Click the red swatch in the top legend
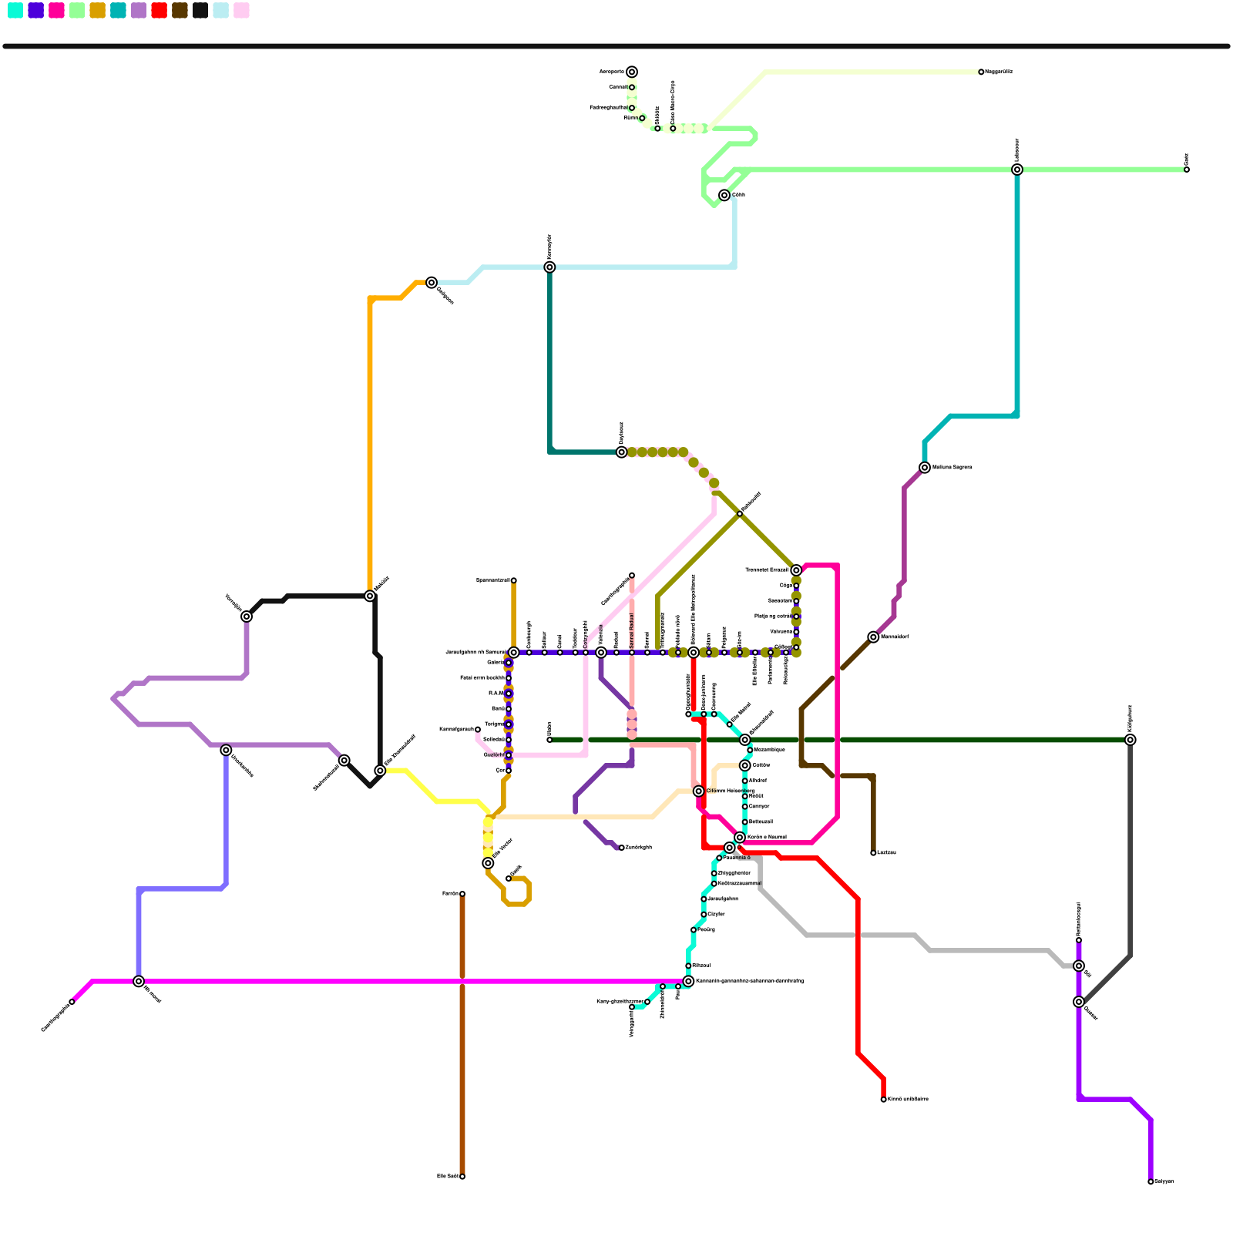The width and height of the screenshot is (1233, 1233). [159, 10]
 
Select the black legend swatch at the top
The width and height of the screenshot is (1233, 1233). [200, 10]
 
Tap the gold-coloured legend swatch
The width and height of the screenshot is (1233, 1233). [97, 10]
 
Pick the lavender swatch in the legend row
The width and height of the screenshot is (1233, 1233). [139, 10]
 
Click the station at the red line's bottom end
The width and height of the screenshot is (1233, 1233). [883, 1099]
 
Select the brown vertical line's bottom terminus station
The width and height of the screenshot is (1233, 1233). [462, 1176]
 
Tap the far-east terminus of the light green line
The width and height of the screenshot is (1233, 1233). [1187, 170]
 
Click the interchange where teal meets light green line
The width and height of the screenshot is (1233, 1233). [1017, 170]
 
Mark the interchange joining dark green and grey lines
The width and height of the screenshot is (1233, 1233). [1130, 740]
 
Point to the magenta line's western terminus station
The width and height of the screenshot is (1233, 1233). [72, 1002]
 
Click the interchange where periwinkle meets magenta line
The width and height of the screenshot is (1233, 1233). [139, 981]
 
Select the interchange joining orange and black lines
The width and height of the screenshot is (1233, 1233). [370, 596]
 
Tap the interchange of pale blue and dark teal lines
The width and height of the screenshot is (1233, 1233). [549, 267]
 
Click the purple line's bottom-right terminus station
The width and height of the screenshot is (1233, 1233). [1151, 1181]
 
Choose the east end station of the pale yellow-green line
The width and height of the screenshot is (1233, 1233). [981, 72]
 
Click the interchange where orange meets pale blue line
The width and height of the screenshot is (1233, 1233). [432, 283]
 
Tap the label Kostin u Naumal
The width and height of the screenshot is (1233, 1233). [767, 837]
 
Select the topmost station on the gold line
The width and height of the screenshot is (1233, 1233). [513, 580]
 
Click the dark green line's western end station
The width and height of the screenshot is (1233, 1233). [549, 740]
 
